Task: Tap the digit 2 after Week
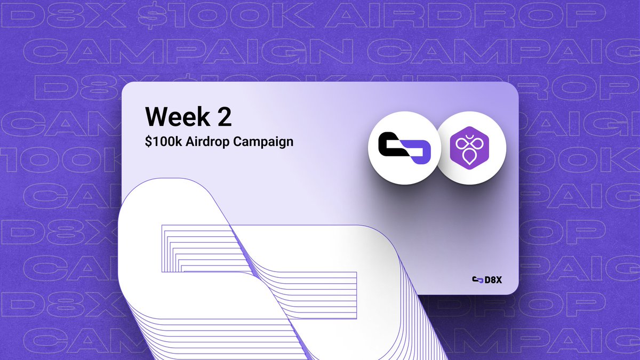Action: coord(224,117)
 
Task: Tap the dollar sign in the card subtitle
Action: coord(148,142)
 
